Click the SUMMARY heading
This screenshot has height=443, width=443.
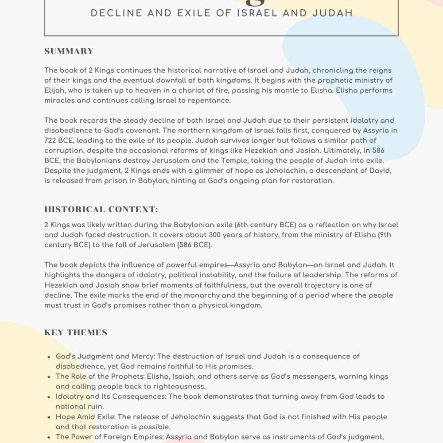69,51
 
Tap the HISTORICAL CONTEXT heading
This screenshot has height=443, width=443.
101,209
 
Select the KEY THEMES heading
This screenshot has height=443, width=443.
76,332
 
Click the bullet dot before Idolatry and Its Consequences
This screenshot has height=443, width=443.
48,397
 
